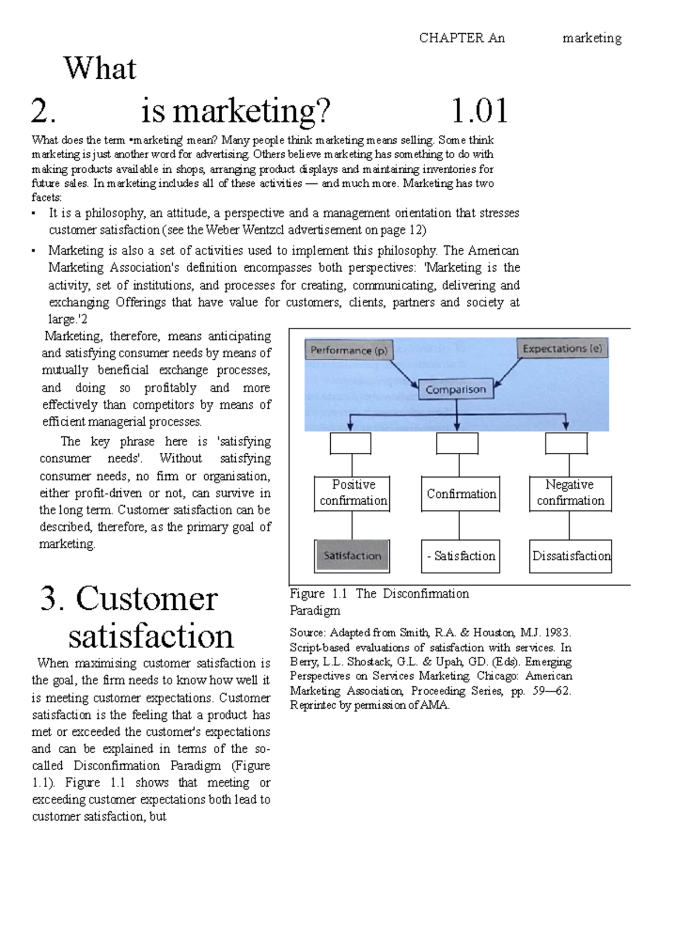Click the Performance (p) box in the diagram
pyautogui.click(x=349, y=350)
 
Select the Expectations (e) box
pyautogui.click(x=562, y=349)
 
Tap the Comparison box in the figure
pyautogui.click(x=456, y=389)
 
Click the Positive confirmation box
pyautogui.click(x=353, y=493)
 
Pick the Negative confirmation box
pyautogui.click(x=570, y=493)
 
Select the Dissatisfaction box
pyautogui.click(x=570, y=556)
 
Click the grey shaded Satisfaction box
pyautogui.click(x=352, y=556)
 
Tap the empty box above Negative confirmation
pyautogui.click(x=566, y=443)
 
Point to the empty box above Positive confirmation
pyautogui.click(x=350, y=443)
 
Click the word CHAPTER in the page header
pyautogui.click(x=451, y=38)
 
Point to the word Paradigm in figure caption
pyautogui.click(x=314, y=610)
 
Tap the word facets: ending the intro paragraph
pyautogui.click(x=47, y=197)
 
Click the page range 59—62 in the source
pyautogui.click(x=551, y=691)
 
